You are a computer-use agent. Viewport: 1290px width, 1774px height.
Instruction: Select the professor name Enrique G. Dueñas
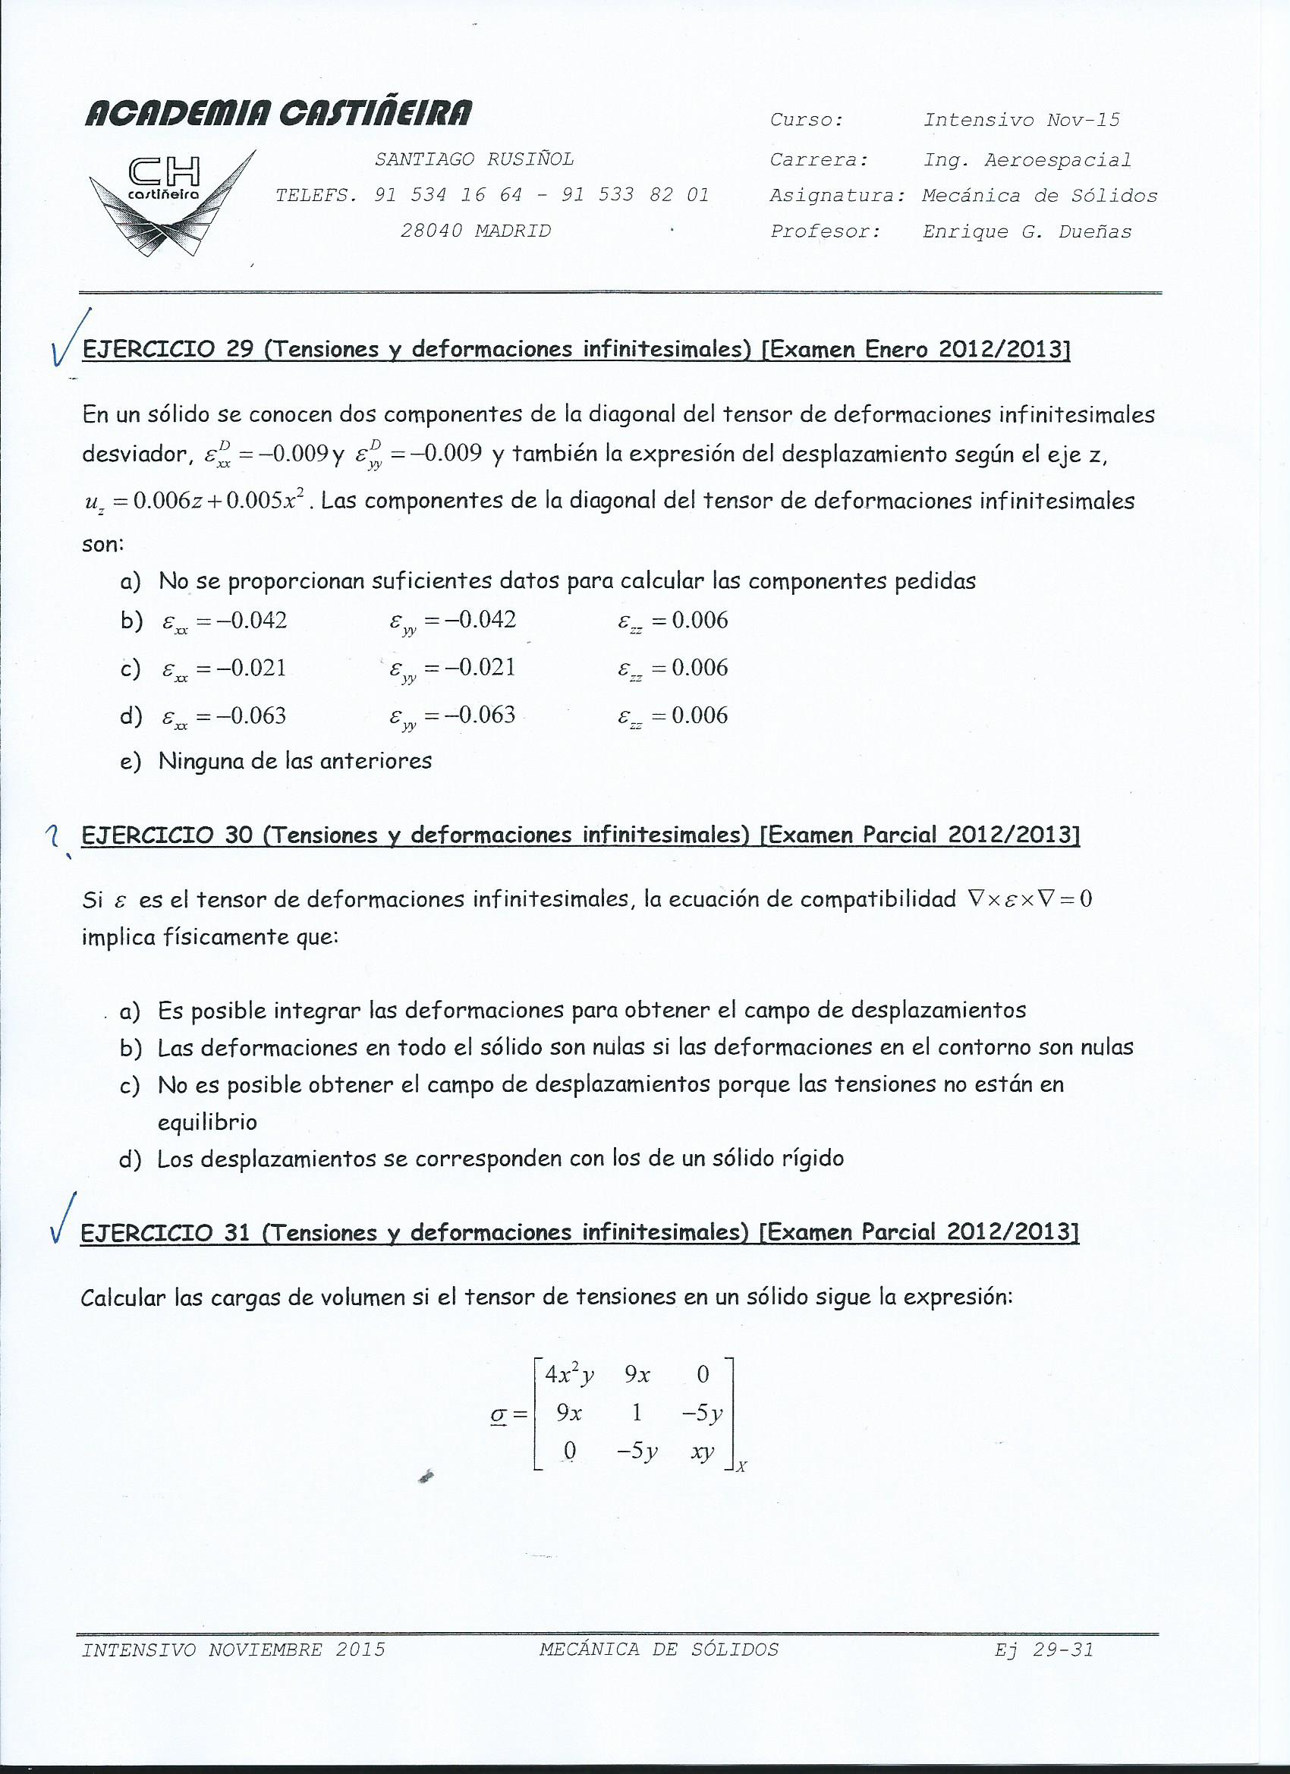tap(1027, 231)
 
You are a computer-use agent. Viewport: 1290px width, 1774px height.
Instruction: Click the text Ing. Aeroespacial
tap(1027, 160)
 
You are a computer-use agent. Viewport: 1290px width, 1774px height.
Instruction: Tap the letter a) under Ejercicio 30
tap(130, 1011)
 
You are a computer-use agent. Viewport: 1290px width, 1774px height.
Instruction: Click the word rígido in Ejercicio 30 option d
tap(813, 1159)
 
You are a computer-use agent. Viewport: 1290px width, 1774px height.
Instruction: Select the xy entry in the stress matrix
tap(703, 1452)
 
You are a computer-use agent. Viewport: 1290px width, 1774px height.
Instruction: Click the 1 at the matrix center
tap(637, 1413)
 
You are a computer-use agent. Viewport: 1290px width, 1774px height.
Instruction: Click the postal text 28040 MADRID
tap(476, 231)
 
